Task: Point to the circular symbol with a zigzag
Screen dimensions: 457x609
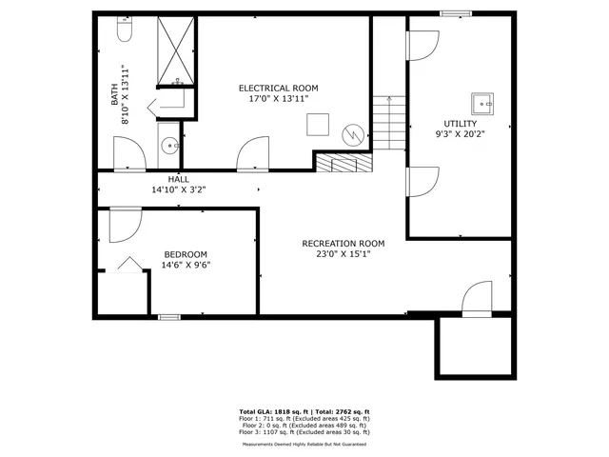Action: [x=353, y=135]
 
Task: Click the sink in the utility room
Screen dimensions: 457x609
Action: [x=481, y=102]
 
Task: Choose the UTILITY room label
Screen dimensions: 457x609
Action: [x=461, y=124]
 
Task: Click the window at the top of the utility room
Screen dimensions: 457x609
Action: [x=455, y=13]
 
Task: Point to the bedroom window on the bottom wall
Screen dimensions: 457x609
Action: [x=168, y=316]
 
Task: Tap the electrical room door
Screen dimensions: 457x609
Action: [x=254, y=154]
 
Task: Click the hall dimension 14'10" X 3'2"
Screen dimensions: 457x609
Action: [x=178, y=189]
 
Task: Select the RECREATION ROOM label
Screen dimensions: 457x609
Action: [x=344, y=243]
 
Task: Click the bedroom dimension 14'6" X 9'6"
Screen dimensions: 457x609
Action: [x=187, y=265]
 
